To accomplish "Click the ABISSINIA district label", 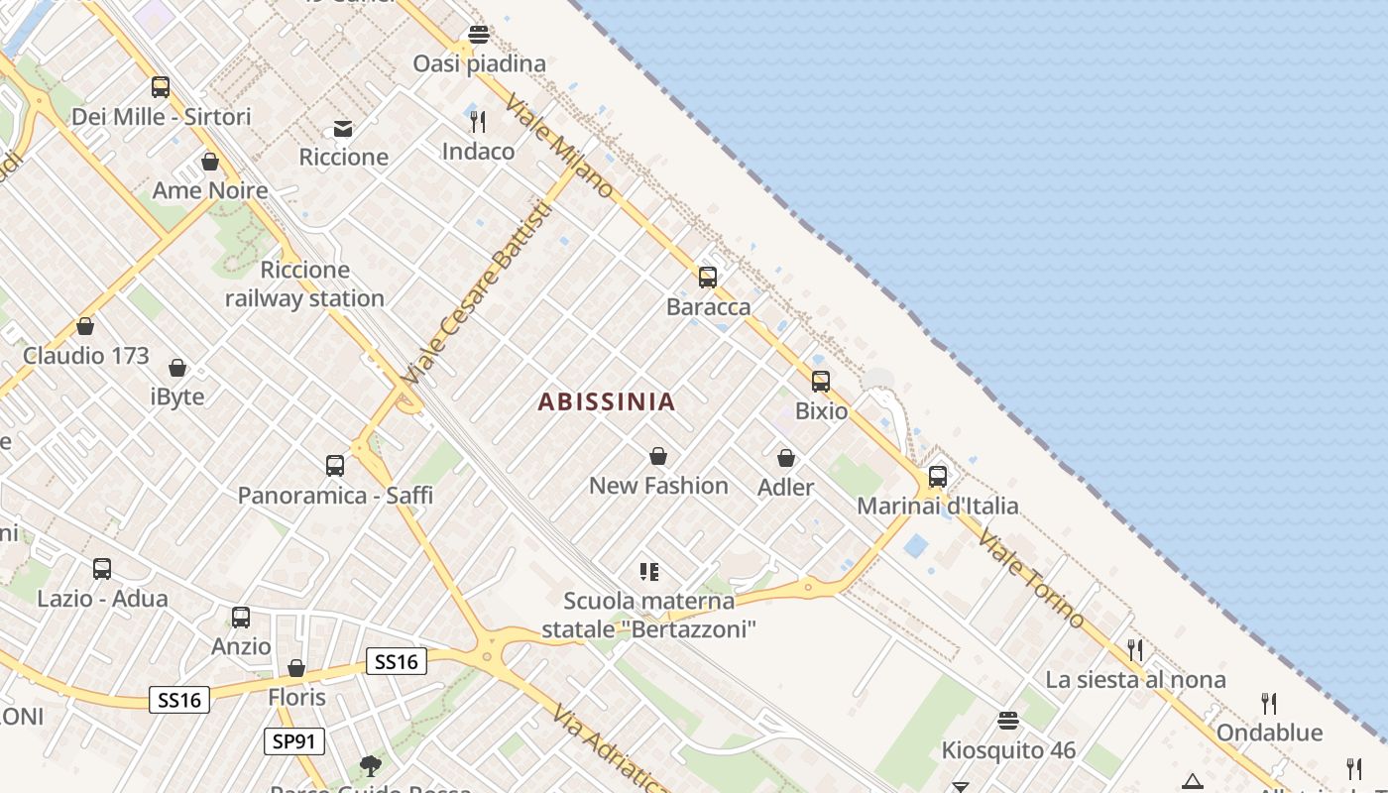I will [x=607, y=401].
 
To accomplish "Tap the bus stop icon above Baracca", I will [x=707, y=278].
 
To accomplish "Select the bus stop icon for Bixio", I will [x=820, y=382].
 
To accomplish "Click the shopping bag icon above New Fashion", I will [x=657, y=456].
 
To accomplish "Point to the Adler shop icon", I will [x=785, y=458].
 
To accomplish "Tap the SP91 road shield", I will [x=294, y=741].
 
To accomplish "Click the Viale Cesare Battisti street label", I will [x=477, y=294].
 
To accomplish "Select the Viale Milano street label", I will [x=559, y=146].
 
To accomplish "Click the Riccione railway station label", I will [x=304, y=283].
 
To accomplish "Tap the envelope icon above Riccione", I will [x=343, y=129].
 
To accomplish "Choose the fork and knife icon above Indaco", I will [x=478, y=122].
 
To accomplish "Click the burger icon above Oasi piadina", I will [x=479, y=35].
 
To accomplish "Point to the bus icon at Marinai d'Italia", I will [x=937, y=477].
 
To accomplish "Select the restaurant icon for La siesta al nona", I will [x=1135, y=650].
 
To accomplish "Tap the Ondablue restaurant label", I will [x=1269, y=733].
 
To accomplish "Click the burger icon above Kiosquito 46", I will [x=1008, y=721].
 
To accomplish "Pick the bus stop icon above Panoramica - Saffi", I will [x=335, y=466].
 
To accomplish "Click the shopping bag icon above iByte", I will [x=177, y=369].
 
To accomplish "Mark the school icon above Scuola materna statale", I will [x=649, y=571].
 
